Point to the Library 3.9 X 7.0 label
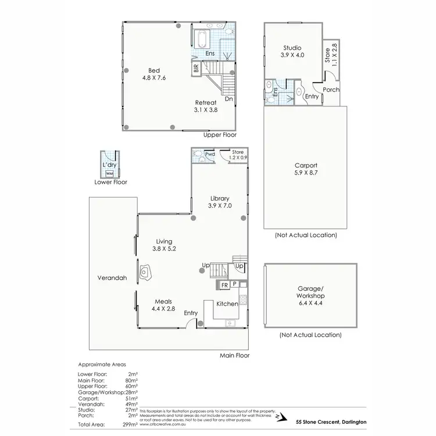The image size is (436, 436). click(x=220, y=202)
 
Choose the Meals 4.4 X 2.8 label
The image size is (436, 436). click(x=163, y=305)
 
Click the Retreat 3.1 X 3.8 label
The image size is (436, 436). click(x=205, y=105)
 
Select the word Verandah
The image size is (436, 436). click(x=113, y=278)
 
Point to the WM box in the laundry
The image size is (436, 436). click(x=109, y=173)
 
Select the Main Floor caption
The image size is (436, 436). click(x=234, y=355)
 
